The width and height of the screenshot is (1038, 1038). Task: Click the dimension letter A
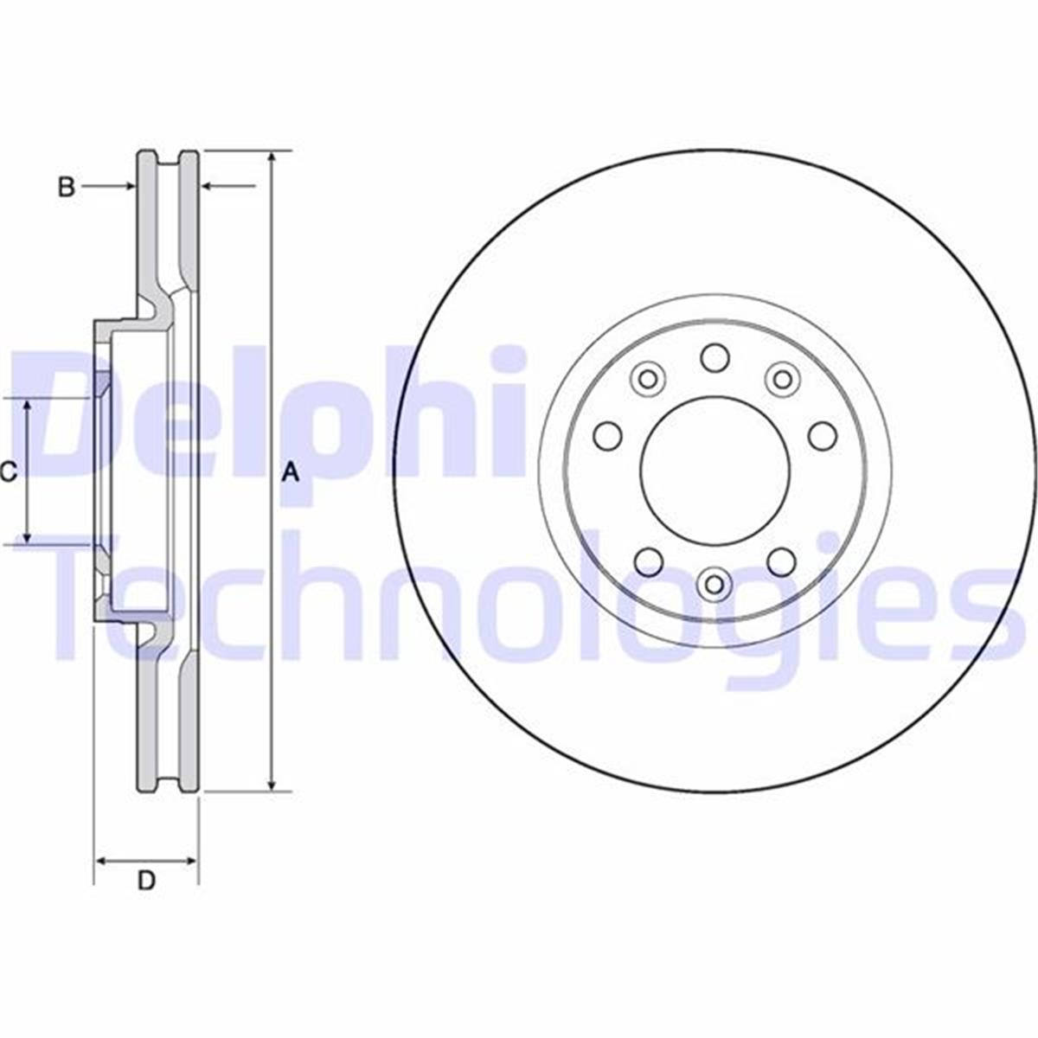pos(292,472)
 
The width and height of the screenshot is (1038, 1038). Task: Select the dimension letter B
pos(67,186)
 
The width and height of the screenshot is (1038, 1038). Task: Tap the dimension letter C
pos(9,472)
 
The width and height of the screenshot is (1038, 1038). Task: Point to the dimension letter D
pos(147,567)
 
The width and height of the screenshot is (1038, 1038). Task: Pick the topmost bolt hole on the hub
pos(714,356)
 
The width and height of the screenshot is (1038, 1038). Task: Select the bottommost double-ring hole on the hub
pos(714,584)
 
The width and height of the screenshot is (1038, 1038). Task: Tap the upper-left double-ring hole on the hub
pos(647,378)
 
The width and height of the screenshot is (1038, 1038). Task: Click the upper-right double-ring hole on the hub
pos(782,378)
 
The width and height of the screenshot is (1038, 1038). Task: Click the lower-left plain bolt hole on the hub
pos(647,562)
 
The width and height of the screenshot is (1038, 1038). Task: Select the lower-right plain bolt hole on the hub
pos(782,562)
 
